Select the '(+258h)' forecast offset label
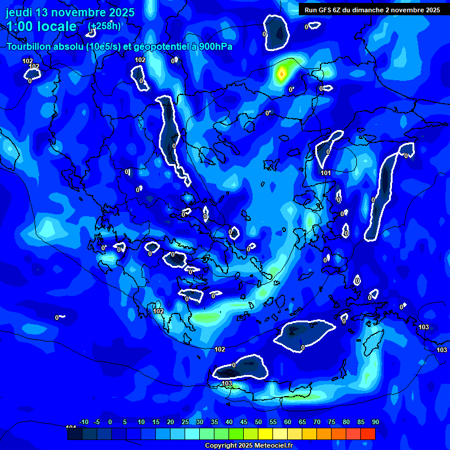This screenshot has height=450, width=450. pyautogui.click(x=104, y=26)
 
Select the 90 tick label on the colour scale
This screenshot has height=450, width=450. pyautogui.click(x=375, y=422)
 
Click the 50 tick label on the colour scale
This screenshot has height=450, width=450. pyautogui.click(x=258, y=422)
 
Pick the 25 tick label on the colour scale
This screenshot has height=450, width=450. pyautogui.click(x=185, y=422)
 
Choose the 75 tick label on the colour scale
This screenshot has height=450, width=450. pyautogui.click(x=332, y=422)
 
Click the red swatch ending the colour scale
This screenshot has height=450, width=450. pyautogui.click(x=367, y=434)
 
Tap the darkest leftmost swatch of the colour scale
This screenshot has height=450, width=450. pyautogui.click(x=75, y=434)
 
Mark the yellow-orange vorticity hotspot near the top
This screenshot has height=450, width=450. pyautogui.click(x=282, y=74)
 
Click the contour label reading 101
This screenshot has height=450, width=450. pyautogui.click(x=326, y=173)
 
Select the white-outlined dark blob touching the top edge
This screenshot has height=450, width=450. pyautogui.click(x=276, y=32)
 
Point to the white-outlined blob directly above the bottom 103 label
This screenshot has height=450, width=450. pyautogui.click(x=240, y=368)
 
